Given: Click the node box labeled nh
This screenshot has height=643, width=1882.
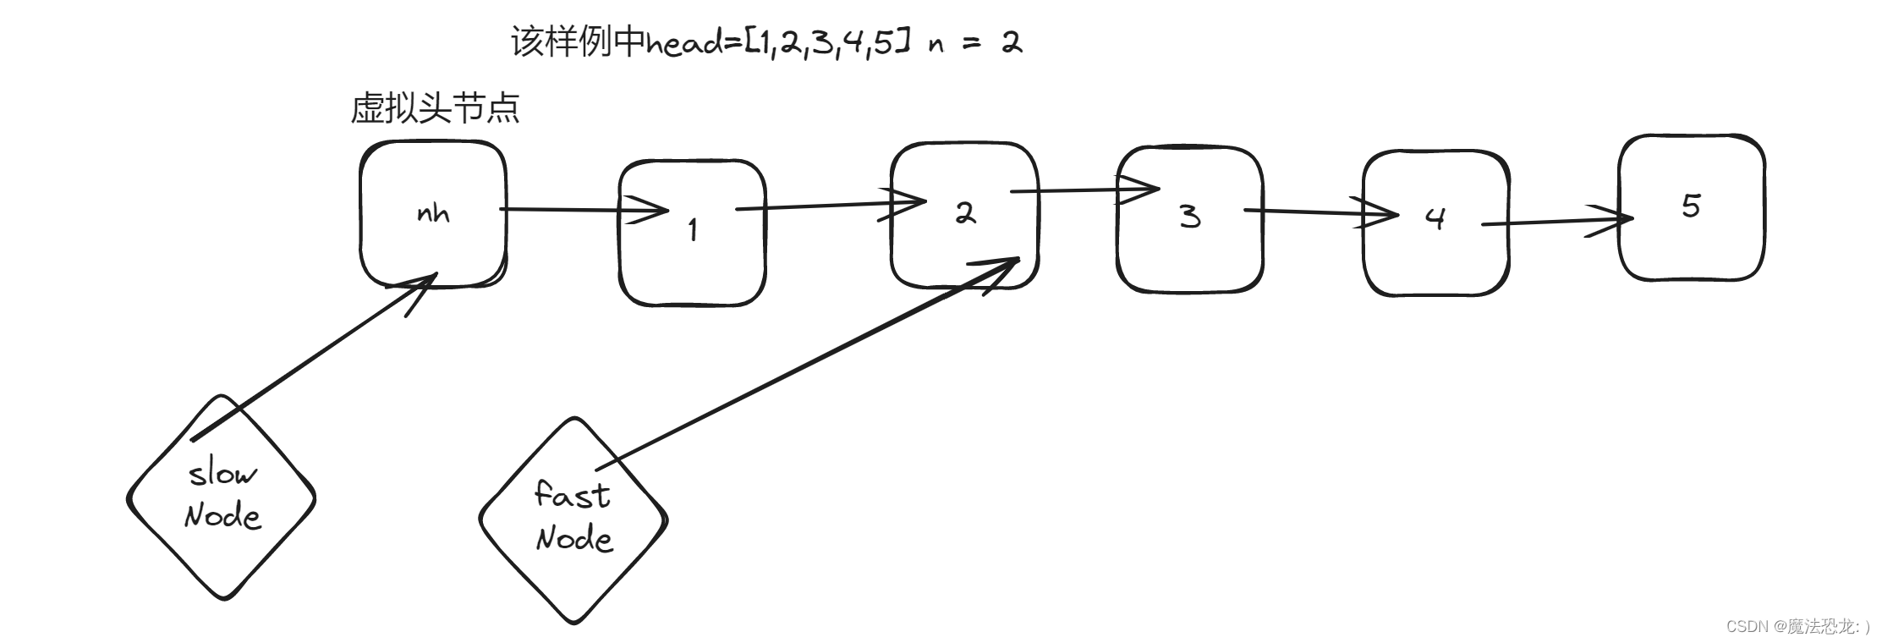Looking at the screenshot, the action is click(433, 214).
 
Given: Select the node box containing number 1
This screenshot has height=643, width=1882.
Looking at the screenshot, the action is click(692, 233).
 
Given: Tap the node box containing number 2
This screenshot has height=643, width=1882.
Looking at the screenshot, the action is click(964, 216).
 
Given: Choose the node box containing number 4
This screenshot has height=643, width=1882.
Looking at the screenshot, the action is click(1435, 223).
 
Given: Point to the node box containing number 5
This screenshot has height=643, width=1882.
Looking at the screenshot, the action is click(1692, 207).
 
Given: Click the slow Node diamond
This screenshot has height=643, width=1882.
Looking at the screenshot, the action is click(222, 497).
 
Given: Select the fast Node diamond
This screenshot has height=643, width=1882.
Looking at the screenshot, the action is click(573, 519).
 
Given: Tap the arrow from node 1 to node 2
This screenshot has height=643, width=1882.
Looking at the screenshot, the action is click(829, 205).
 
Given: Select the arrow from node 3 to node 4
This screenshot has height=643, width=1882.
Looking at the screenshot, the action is click(1320, 212).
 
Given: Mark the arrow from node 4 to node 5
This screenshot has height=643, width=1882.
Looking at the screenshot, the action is click(1556, 222).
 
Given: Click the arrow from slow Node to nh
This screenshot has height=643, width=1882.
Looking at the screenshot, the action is click(313, 355).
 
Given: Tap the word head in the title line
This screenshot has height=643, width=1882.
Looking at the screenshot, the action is click(684, 42).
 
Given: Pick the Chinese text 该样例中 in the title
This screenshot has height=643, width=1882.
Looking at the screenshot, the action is click(578, 41).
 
